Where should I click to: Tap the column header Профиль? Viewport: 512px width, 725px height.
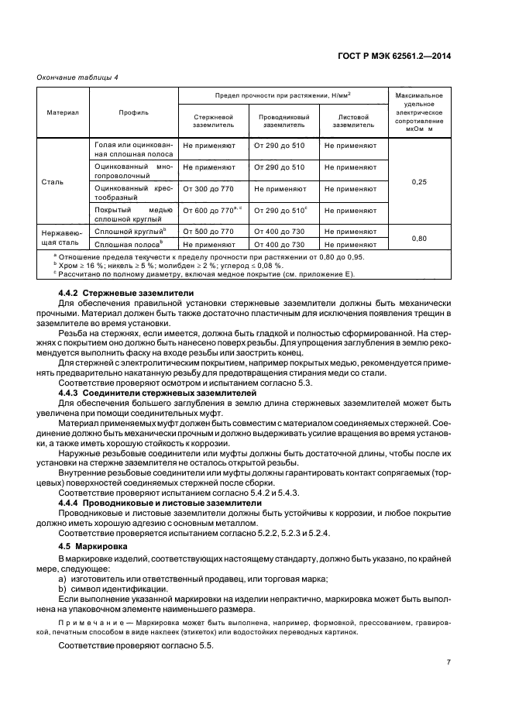pos(133,112)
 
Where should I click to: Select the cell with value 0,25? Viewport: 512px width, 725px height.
pos(419,182)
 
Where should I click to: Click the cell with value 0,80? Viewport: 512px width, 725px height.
pos(419,238)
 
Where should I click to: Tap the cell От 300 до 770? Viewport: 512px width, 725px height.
pos(207,188)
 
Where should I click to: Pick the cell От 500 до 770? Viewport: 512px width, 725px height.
pos(207,232)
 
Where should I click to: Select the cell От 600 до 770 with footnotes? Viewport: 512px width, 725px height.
pos(211,210)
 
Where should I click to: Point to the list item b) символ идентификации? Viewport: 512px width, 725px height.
pos(118,589)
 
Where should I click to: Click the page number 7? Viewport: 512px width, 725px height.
pos(448,662)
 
